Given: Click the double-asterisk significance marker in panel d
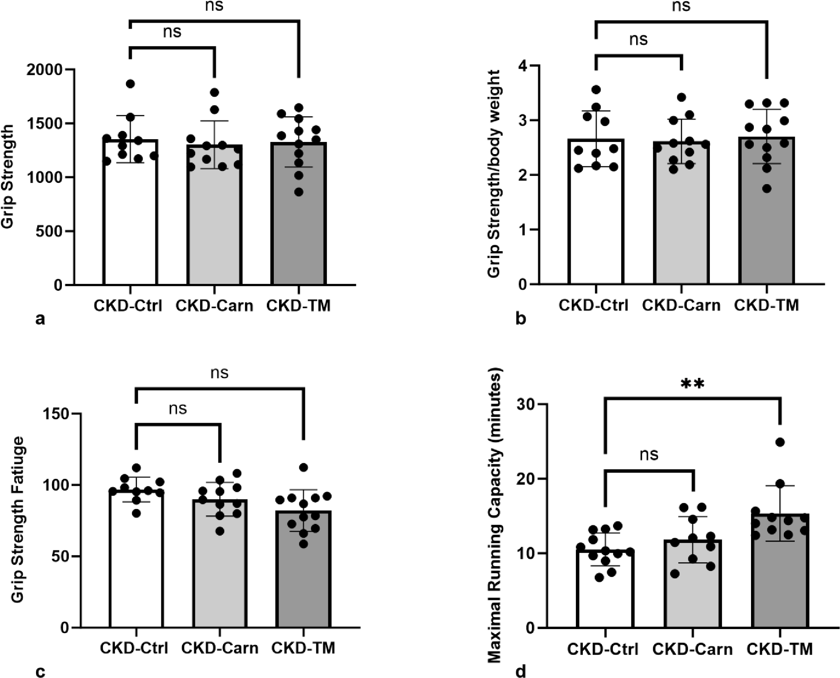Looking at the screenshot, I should (692, 383).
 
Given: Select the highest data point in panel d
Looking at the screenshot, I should (780, 442).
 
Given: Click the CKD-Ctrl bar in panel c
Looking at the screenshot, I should (136, 558).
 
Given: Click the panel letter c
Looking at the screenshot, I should (40, 672).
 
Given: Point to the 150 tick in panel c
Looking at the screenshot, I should (59, 413).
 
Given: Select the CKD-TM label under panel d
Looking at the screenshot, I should (779, 649).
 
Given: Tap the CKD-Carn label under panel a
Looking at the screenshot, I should (214, 306).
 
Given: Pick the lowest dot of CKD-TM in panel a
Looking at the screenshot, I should (298, 193).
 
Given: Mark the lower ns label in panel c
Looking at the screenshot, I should (178, 409).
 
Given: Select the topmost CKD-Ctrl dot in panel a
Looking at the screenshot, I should (130, 84).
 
